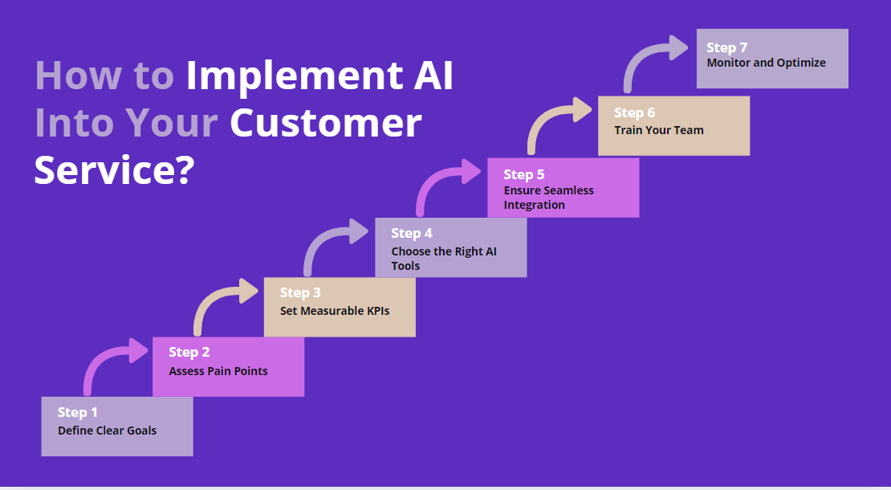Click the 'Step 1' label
pyautogui.click(x=77, y=412)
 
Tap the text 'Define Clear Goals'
pyautogui.click(x=107, y=431)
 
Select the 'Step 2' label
pyautogui.click(x=189, y=352)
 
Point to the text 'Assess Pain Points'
pyautogui.click(x=218, y=371)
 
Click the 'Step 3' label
pyautogui.click(x=300, y=292)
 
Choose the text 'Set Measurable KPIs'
pyautogui.click(x=334, y=311)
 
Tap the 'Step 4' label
pyautogui.click(x=412, y=233)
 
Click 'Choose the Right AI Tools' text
pyautogui.click(x=443, y=258)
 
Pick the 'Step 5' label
pyautogui.click(x=523, y=174)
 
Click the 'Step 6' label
pyautogui.click(x=634, y=112)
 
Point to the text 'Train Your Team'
pyautogui.click(x=658, y=130)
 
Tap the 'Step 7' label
pyautogui.click(x=726, y=47)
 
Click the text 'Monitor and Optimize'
pyautogui.click(x=766, y=63)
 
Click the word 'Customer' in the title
pyautogui.click(x=325, y=123)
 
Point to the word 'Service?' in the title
pyautogui.click(x=113, y=170)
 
